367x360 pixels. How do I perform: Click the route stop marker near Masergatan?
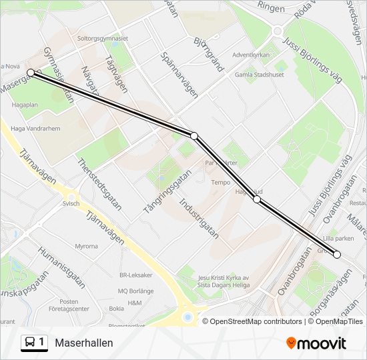(31, 72)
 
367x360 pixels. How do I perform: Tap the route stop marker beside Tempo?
(257, 199)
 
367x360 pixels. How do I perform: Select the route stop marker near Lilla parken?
(337, 254)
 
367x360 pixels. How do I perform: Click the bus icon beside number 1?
(31, 343)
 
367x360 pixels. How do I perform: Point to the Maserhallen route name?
(84, 343)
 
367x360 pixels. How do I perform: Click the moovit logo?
(316, 343)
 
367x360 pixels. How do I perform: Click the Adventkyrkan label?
(250, 55)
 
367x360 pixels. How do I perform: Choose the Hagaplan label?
(25, 105)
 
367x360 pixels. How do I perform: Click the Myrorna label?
(86, 246)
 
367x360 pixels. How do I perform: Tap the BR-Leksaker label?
(136, 275)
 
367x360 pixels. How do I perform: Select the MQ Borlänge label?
(136, 291)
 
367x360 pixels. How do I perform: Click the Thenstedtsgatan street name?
(99, 184)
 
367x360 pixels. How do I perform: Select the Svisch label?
(71, 203)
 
